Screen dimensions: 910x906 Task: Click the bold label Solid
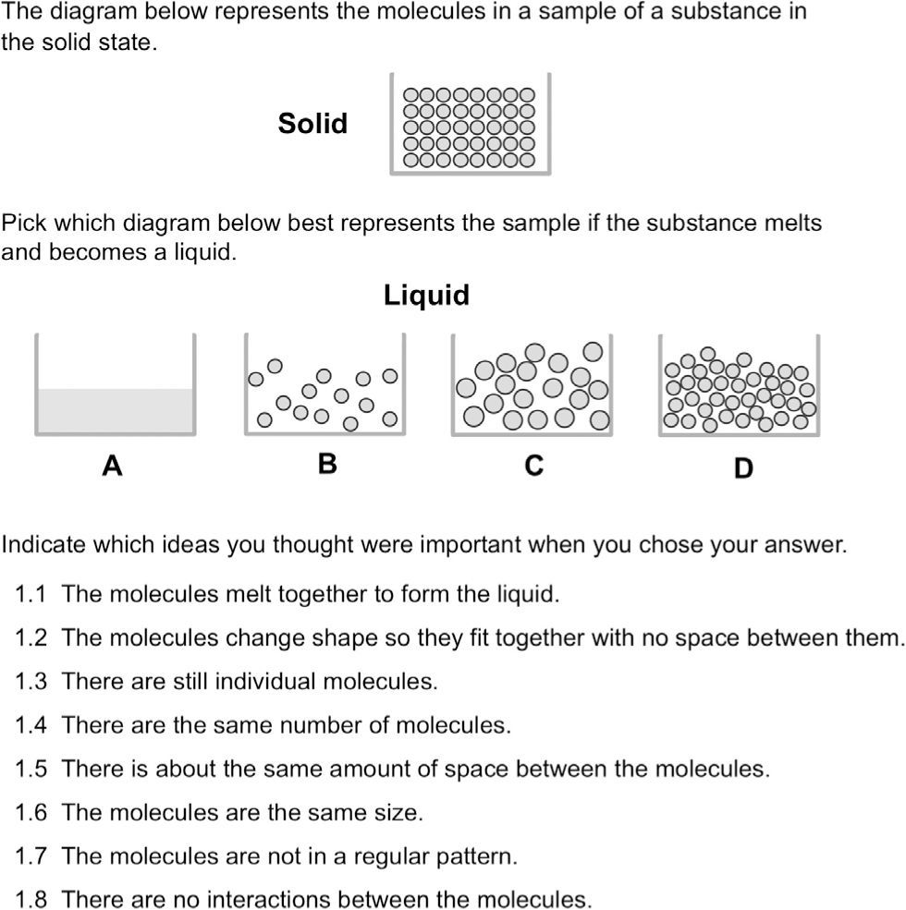click(312, 124)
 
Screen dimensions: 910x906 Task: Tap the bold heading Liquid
click(426, 296)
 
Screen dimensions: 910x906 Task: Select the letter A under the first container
click(113, 467)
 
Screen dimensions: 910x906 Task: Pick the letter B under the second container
click(326, 464)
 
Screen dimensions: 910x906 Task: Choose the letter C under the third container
click(533, 467)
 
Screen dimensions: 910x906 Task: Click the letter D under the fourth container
click(743, 468)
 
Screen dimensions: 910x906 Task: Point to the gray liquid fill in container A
click(115, 409)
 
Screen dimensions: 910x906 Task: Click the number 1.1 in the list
click(31, 594)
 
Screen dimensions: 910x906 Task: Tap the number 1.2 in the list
click(31, 637)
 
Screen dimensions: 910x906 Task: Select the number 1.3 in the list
click(31, 682)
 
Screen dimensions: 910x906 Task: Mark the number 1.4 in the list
click(31, 725)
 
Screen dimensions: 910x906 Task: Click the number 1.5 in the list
click(31, 769)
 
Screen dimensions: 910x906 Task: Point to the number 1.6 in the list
click(31, 813)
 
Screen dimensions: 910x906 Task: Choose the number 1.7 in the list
click(31, 856)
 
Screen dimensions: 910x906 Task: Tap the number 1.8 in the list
click(31, 900)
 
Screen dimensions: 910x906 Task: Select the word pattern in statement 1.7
click(482, 856)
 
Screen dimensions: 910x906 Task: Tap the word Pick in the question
click(21, 224)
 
